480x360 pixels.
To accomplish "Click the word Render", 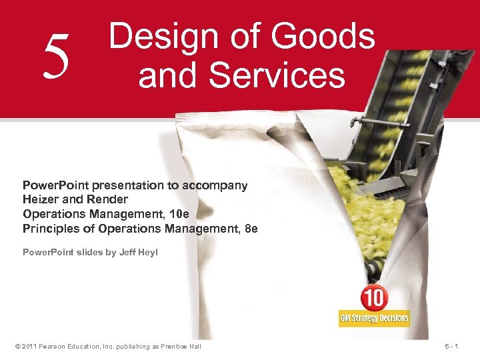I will point(107,199).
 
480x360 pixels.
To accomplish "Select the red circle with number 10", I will point(374,298).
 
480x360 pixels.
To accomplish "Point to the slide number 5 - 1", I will point(461,347).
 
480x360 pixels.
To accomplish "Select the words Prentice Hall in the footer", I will point(182,347).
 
